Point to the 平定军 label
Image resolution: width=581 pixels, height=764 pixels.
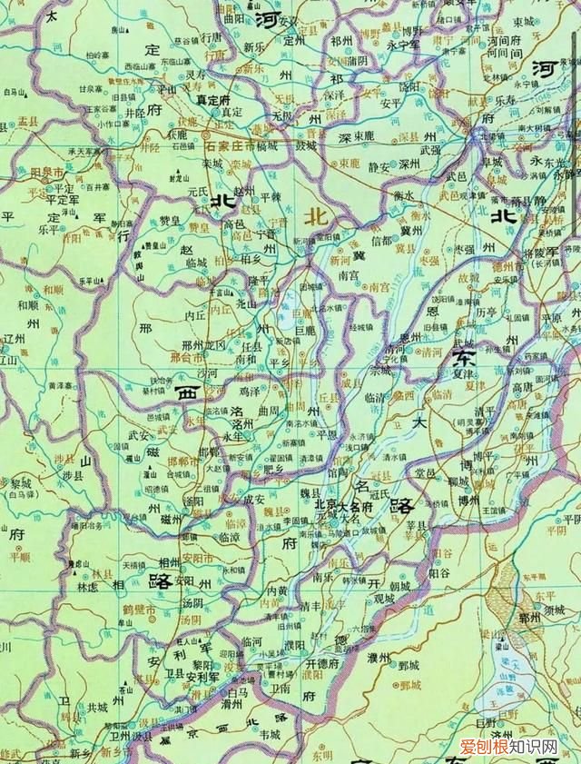64,194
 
